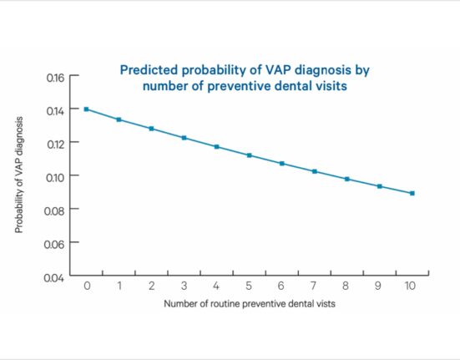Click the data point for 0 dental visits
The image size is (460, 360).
coord(86,109)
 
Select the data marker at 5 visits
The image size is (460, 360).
coord(250,155)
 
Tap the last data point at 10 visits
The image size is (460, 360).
coord(412,193)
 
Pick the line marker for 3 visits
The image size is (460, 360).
coord(184,138)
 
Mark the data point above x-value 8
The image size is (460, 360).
coord(347,179)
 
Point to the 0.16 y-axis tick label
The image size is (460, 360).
coord(55,78)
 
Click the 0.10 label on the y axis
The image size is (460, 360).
coord(55,178)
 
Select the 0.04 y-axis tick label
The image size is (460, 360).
coord(53,277)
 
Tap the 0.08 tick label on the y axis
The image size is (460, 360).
coord(53,211)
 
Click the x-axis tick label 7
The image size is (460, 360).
coord(314,286)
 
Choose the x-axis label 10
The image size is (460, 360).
coord(410,286)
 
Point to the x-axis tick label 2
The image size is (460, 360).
coord(151,286)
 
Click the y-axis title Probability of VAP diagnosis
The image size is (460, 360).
coord(18,175)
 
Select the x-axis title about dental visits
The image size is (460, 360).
coord(250,303)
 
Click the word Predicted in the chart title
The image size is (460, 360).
coord(149,70)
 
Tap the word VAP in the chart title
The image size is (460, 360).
coord(278,70)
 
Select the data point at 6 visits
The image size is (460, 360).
coord(282,164)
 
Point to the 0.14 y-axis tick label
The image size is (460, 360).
coord(55,111)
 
